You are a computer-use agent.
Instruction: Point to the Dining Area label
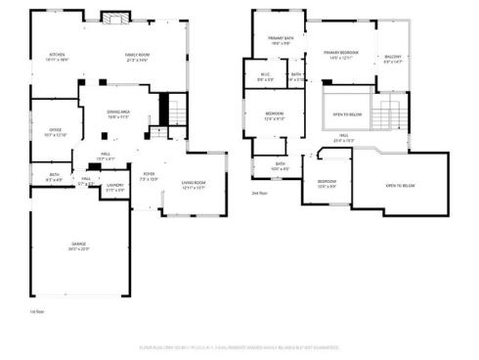click(x=119, y=113)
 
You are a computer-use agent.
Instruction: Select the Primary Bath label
click(x=282, y=40)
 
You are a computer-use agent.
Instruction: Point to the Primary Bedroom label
click(x=342, y=54)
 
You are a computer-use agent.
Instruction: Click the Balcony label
click(x=393, y=59)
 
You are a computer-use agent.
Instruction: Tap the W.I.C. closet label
click(x=265, y=76)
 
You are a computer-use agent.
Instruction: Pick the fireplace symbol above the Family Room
click(x=114, y=18)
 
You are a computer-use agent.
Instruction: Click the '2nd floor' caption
click(x=259, y=194)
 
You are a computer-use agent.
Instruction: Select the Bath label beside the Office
click(x=55, y=177)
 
